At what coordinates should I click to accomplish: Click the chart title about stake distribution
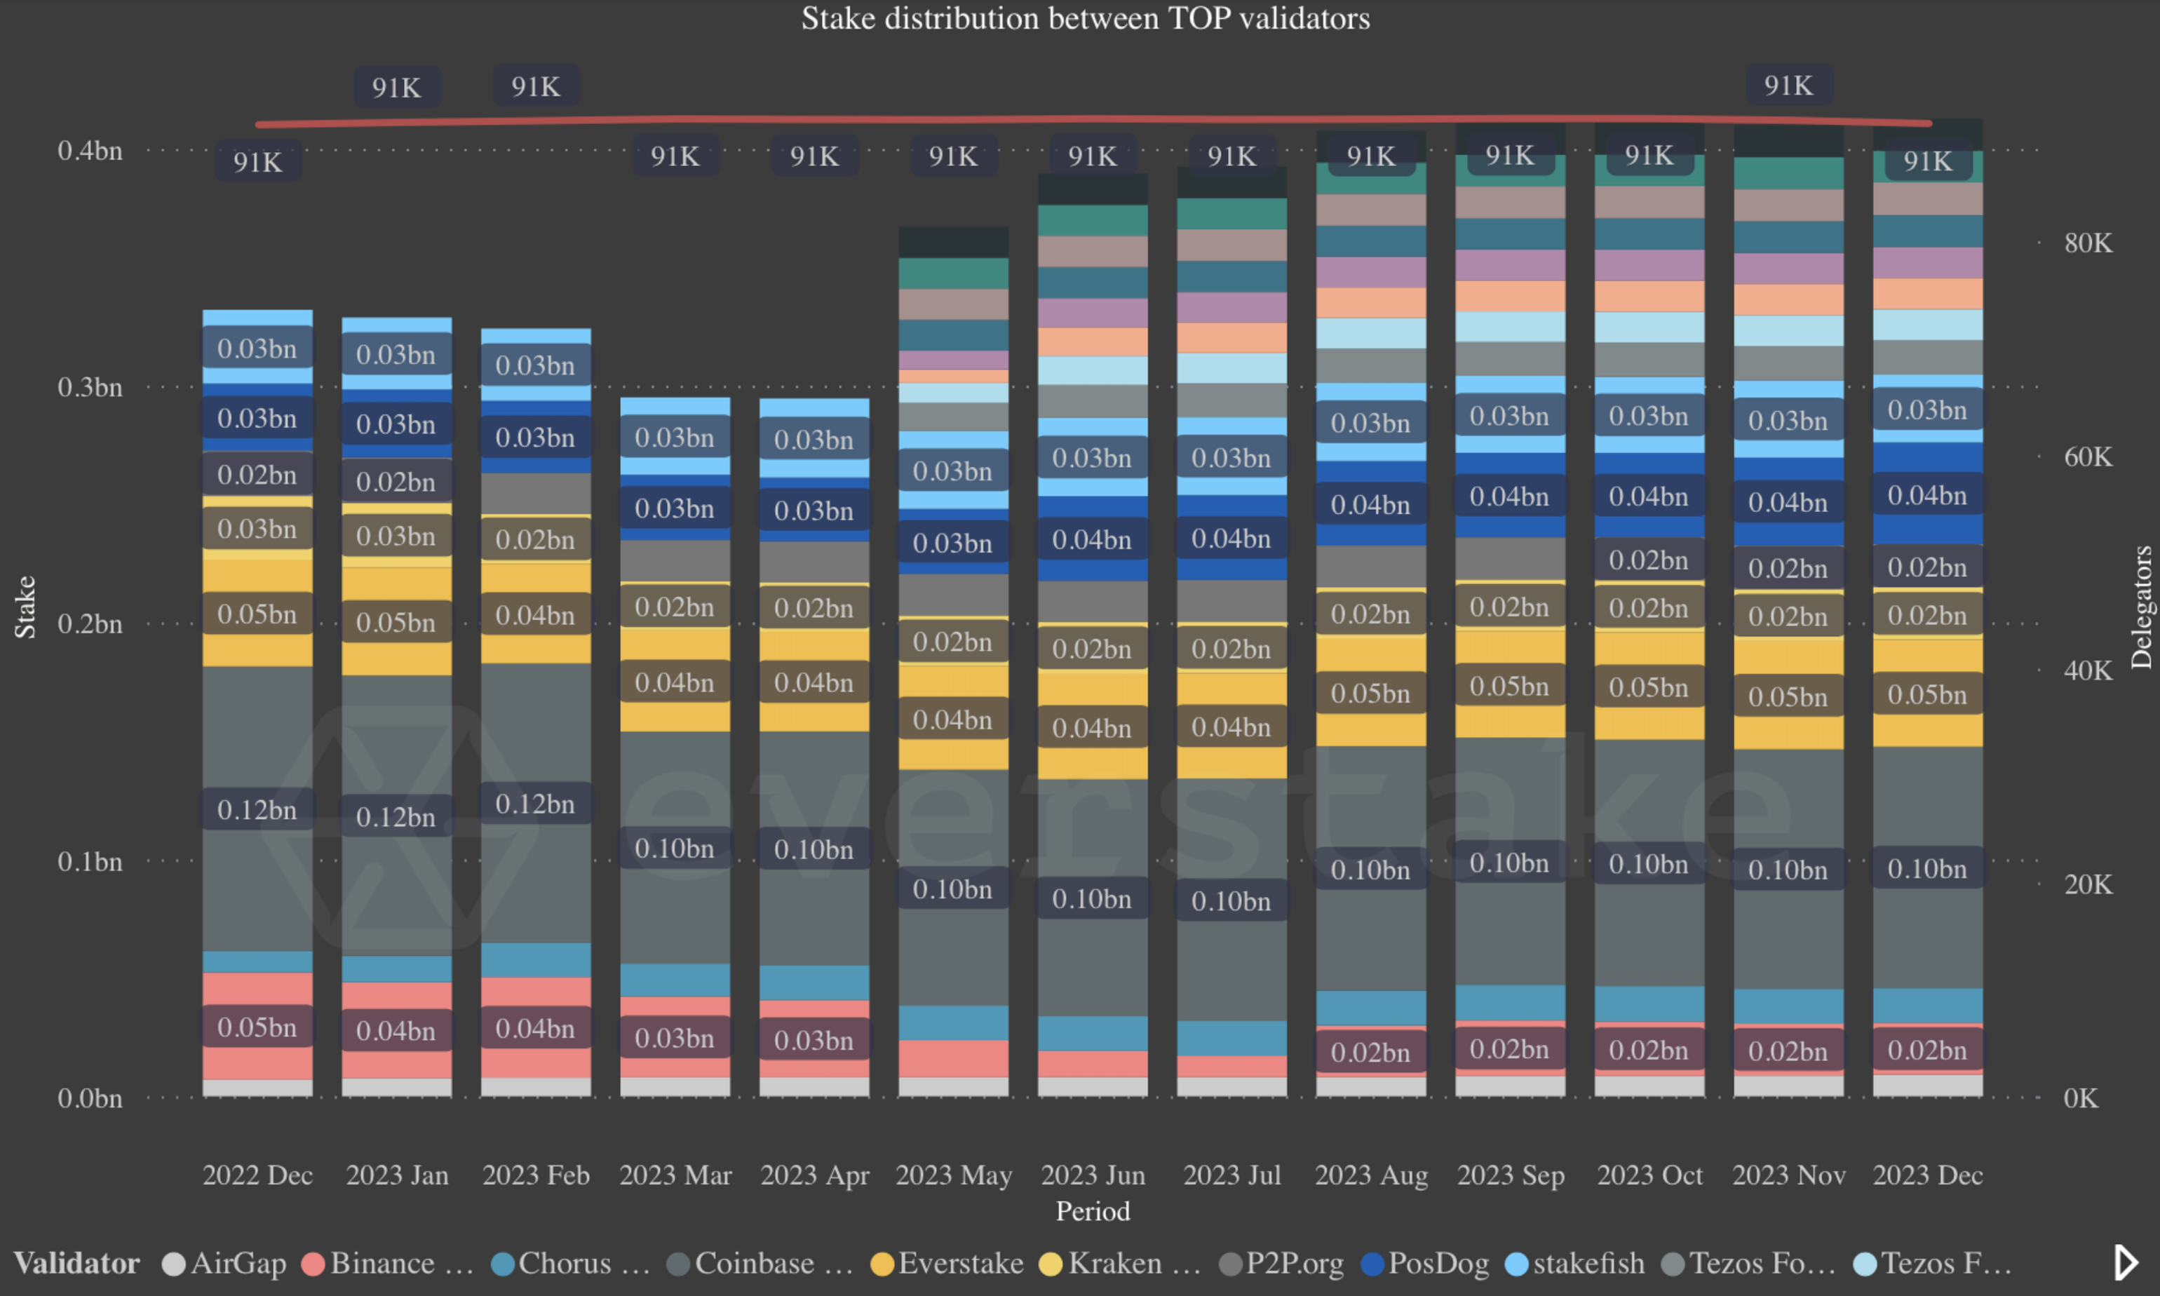(x=1085, y=18)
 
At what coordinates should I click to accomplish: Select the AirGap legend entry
(x=224, y=1263)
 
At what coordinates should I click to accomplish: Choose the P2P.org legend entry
(x=1282, y=1263)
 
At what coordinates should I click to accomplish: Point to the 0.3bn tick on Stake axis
(x=90, y=387)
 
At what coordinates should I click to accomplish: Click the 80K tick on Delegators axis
(x=2088, y=243)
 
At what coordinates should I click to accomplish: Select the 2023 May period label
(x=953, y=1175)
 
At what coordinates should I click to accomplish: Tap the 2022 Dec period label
(x=257, y=1175)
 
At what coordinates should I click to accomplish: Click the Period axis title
(x=1092, y=1211)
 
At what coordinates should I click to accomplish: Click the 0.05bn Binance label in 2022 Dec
(x=257, y=1027)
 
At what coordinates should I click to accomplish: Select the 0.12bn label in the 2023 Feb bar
(x=535, y=804)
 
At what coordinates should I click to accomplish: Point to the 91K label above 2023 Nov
(x=1788, y=86)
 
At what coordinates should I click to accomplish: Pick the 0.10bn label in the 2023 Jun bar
(x=1091, y=898)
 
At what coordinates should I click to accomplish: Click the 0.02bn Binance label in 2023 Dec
(x=1927, y=1050)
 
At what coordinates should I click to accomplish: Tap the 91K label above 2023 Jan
(x=396, y=88)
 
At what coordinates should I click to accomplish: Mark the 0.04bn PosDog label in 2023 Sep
(x=1508, y=496)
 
